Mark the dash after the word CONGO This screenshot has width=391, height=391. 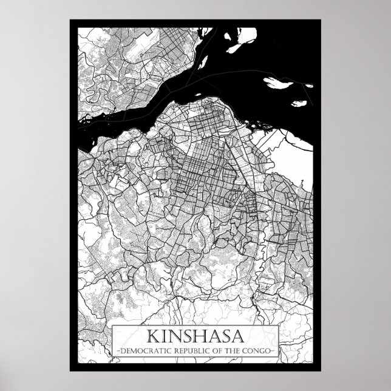pos(276,351)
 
